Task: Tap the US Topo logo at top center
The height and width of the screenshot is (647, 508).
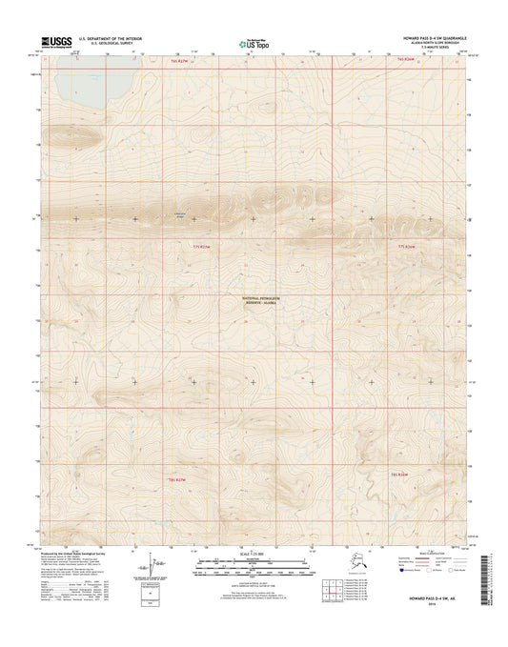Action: click(252, 42)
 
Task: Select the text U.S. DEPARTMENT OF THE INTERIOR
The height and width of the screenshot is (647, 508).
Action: click(116, 37)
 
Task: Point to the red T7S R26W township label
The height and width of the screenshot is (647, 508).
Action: click(409, 246)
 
